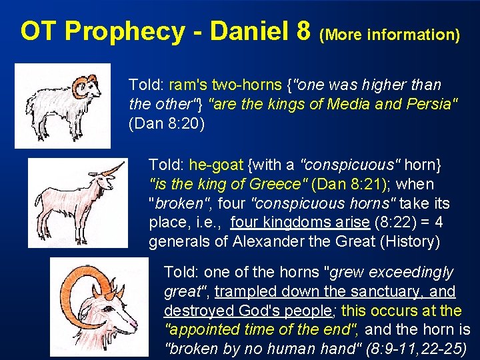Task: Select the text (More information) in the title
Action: tap(390, 34)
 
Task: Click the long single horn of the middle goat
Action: tap(113, 169)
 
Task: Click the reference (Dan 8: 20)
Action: tap(167, 123)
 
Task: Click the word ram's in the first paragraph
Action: tap(188, 85)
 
